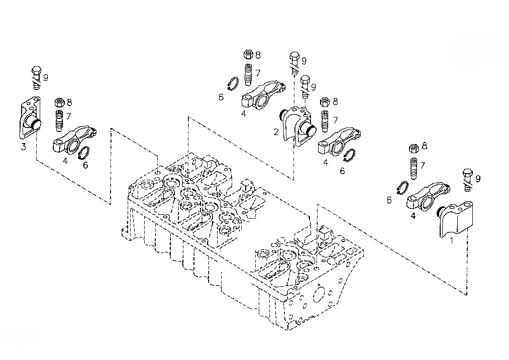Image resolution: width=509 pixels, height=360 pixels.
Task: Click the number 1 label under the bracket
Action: point(451,241)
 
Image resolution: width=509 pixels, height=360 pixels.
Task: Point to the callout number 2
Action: point(276,132)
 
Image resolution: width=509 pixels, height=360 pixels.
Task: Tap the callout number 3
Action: point(24,147)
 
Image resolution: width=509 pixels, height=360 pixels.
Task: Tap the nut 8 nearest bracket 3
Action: point(59,102)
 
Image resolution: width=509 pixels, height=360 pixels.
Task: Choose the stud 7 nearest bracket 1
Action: point(413,169)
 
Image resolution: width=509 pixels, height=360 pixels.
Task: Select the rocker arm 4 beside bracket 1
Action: point(427,198)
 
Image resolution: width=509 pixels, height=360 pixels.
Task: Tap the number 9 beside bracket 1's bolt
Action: point(477,178)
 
